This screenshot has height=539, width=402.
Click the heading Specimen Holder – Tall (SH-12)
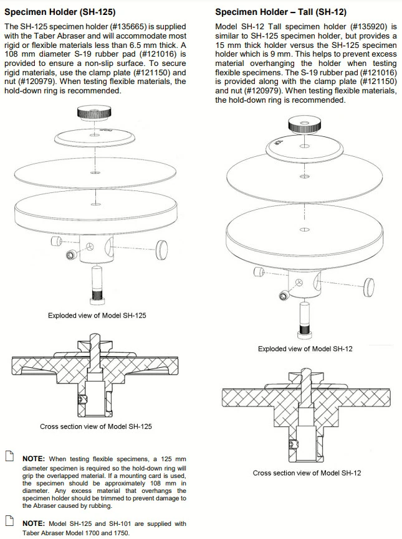[x=280, y=12]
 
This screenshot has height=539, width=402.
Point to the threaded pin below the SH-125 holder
[x=97, y=283]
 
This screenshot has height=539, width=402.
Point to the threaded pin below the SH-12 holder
[x=305, y=317]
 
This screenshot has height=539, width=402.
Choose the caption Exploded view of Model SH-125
[x=97, y=316]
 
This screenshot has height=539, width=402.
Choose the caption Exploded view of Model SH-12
[x=305, y=349]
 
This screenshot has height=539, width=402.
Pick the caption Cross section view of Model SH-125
[x=96, y=426]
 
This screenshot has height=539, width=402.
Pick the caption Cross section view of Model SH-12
[x=307, y=473]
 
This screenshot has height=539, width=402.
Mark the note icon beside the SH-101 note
[x=9, y=522]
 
